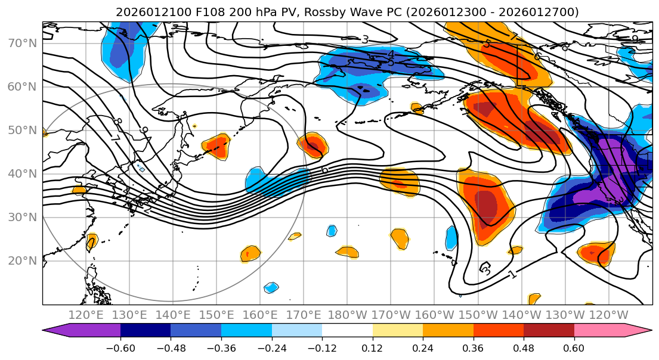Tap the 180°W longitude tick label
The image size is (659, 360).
[346, 315]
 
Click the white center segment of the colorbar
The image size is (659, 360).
[347, 331]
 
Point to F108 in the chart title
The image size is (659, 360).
[208, 12]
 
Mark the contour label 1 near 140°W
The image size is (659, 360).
[512, 275]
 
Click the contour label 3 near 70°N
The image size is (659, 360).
[365, 40]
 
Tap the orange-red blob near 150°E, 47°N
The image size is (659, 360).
[216, 145]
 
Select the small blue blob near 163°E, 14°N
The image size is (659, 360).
[271, 287]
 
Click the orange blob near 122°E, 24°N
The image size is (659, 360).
[91, 241]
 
